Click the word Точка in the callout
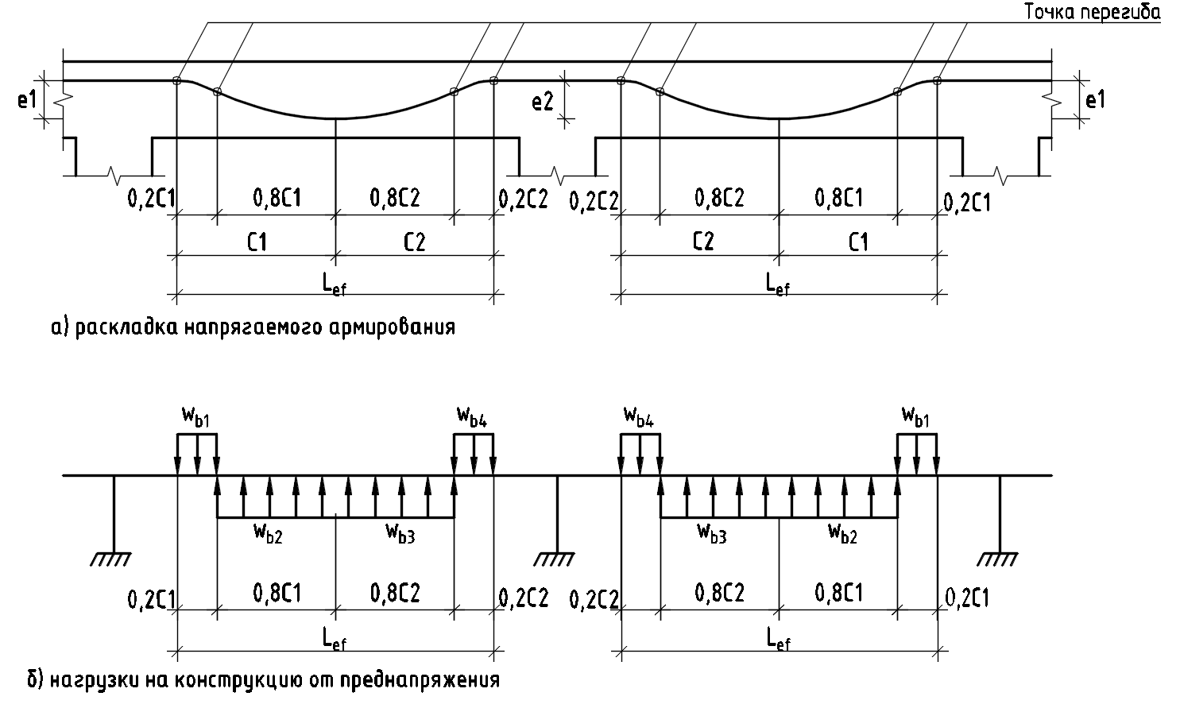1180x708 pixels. pos(1050,13)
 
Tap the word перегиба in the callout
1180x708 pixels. pos(1120,14)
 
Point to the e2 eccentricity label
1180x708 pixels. pos(543,102)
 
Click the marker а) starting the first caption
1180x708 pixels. pos(60,327)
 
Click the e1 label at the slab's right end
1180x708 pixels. pos(1095,100)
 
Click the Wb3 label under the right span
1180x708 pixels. pos(712,532)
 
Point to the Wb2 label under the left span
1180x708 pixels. pos(269,532)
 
